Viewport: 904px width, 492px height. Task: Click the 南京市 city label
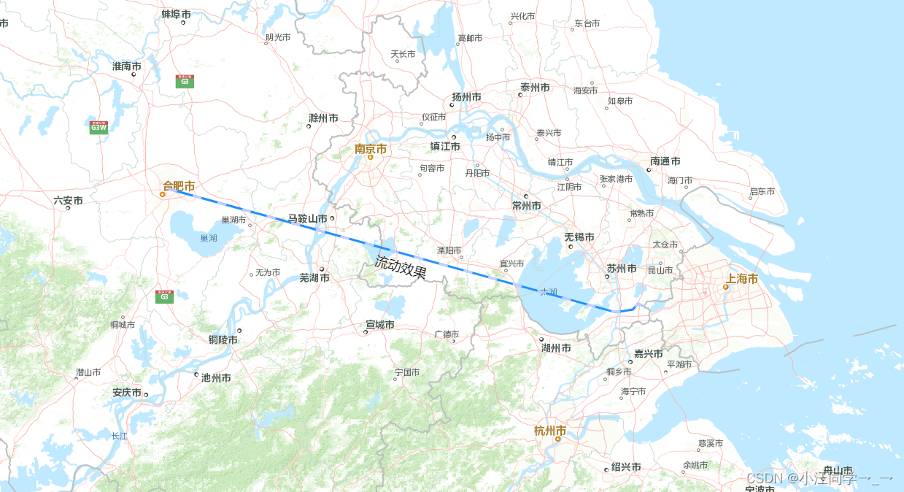click(371, 149)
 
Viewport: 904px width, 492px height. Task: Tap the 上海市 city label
click(741, 279)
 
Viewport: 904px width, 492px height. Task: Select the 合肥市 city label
click(179, 185)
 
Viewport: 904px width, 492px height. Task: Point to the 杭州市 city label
click(550, 431)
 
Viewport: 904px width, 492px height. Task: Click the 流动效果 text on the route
click(401, 268)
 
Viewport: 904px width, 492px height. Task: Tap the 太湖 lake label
click(548, 292)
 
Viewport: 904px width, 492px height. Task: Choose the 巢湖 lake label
click(208, 238)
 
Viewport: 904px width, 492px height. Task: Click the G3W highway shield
click(98, 128)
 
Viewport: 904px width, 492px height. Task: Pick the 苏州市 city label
click(622, 269)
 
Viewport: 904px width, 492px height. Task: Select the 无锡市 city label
click(579, 237)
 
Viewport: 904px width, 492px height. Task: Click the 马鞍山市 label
click(307, 218)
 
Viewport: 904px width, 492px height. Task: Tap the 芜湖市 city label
click(314, 278)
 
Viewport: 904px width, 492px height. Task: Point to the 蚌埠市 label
click(176, 14)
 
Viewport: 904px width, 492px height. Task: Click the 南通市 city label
click(665, 161)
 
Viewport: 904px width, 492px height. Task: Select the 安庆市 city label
click(127, 392)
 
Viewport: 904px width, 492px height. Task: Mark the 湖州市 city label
click(556, 348)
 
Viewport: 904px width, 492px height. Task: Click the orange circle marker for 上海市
click(725, 287)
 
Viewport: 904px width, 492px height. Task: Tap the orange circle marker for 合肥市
click(163, 194)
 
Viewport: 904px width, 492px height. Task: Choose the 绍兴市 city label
click(626, 467)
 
